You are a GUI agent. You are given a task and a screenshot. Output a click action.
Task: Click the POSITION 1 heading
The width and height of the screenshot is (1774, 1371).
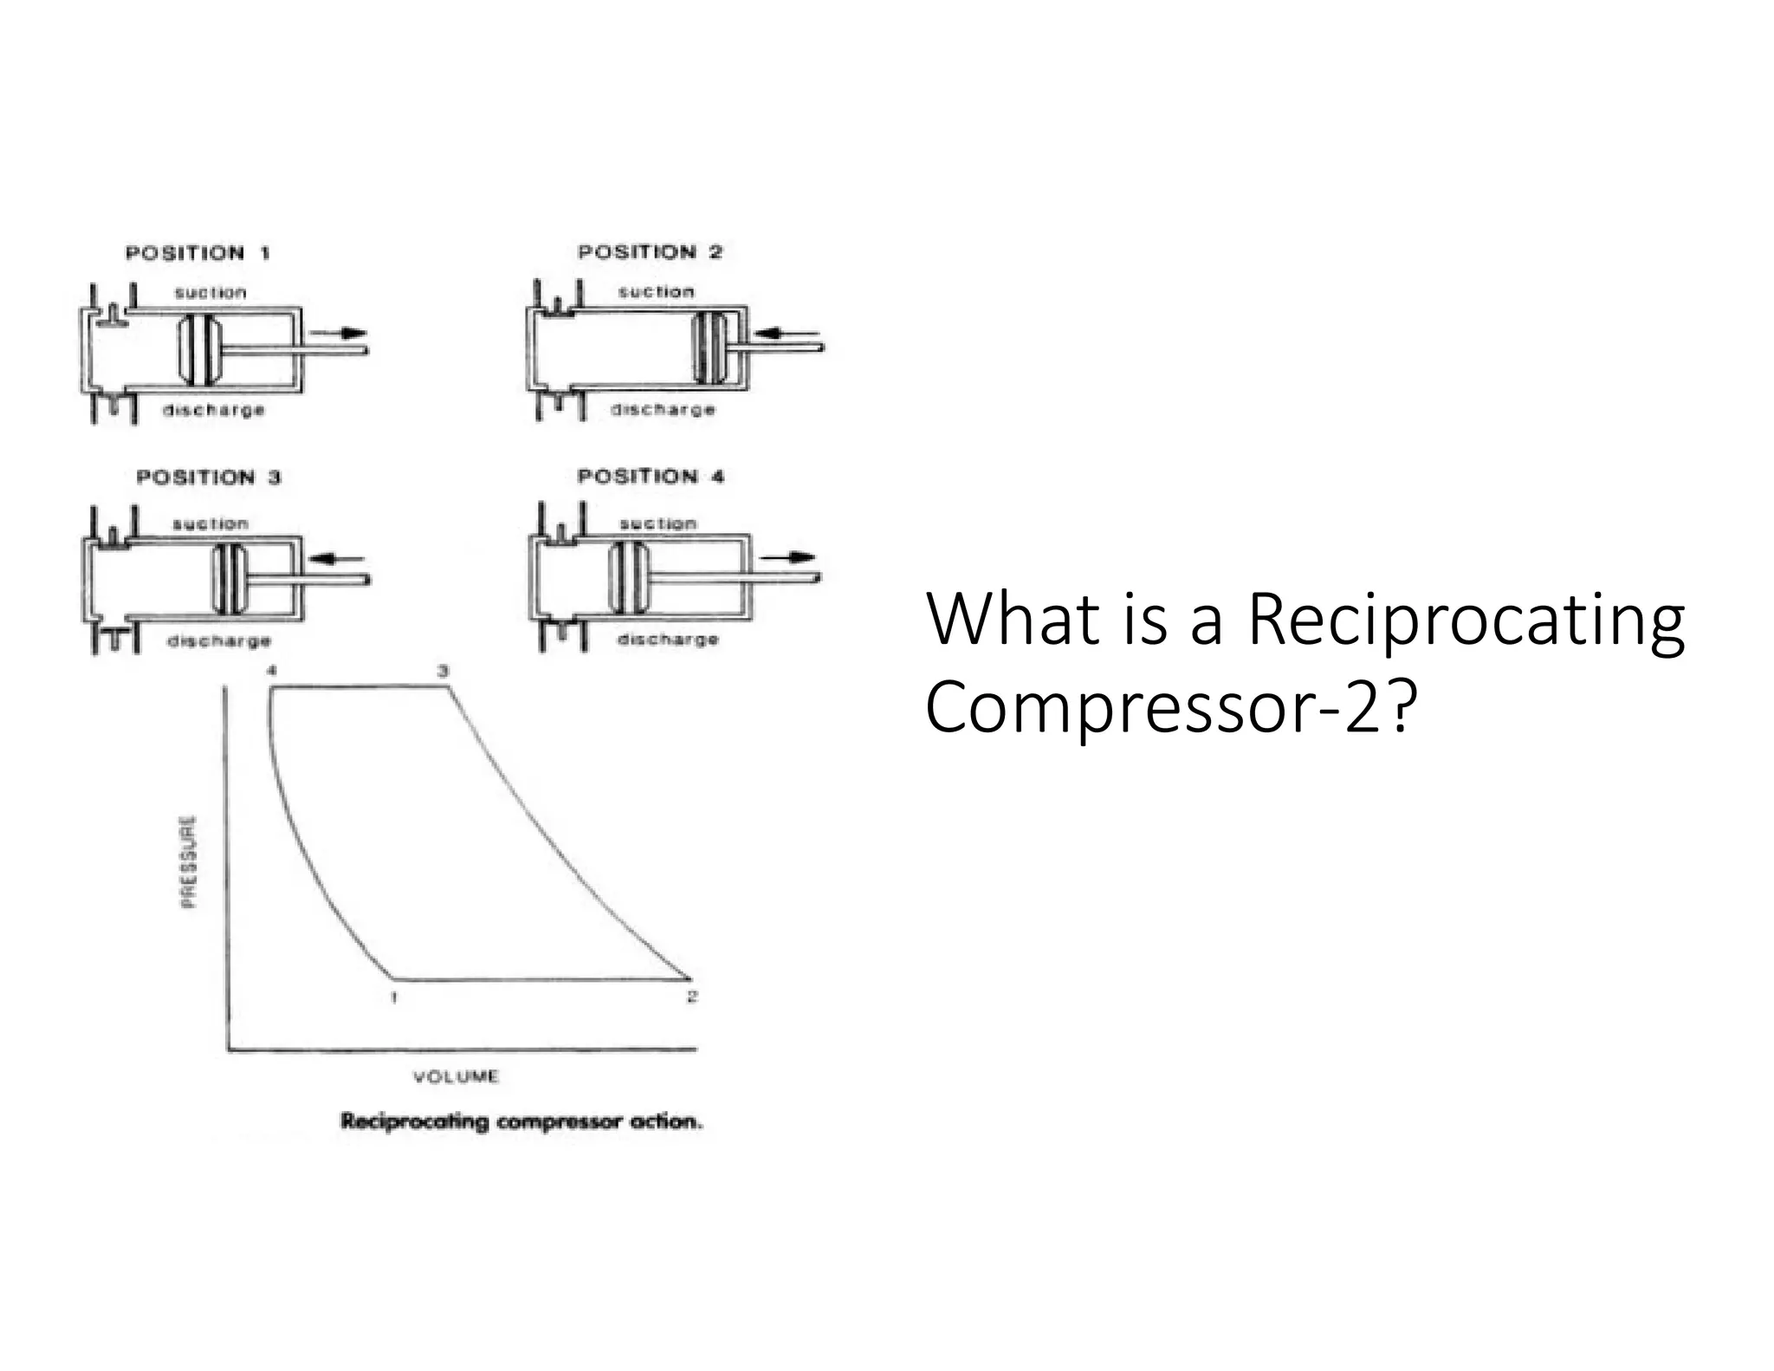pyautogui.click(x=197, y=253)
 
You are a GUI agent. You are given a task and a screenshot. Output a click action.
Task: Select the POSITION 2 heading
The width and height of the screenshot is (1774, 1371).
pyautogui.click(x=650, y=252)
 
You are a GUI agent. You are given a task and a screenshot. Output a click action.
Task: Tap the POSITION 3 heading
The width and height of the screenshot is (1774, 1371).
pyautogui.click(x=209, y=478)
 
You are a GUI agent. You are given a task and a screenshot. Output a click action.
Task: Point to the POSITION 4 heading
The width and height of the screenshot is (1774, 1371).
pyautogui.click(x=651, y=477)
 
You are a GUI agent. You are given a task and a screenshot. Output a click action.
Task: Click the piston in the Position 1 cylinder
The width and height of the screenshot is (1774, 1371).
pyautogui.click(x=198, y=349)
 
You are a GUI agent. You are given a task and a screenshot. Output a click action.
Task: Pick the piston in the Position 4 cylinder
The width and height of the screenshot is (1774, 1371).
pyautogui.click(x=628, y=576)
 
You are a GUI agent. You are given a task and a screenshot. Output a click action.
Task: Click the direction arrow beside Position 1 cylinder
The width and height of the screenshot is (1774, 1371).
pyautogui.click(x=340, y=333)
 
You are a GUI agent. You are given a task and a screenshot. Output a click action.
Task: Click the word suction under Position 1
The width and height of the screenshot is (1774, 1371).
pyautogui.click(x=210, y=293)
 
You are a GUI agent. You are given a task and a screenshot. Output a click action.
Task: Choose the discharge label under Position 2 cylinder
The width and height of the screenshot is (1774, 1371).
pyautogui.click(x=664, y=409)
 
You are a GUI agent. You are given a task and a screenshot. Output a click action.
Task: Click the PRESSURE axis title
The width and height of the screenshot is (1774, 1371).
pyautogui.click(x=189, y=861)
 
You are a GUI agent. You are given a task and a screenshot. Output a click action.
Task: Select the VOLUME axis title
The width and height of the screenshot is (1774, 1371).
pyautogui.click(x=456, y=1076)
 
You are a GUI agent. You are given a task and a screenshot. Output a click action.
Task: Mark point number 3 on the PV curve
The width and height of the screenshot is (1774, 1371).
pyautogui.click(x=443, y=671)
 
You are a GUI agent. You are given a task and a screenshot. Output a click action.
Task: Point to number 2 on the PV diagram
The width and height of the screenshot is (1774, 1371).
pyautogui.click(x=691, y=997)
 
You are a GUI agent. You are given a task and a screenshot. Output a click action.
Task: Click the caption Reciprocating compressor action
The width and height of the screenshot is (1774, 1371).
pyautogui.click(x=521, y=1121)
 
